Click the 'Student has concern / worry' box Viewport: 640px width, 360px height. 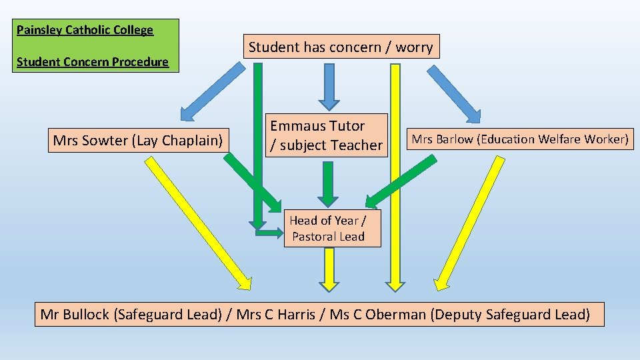[341, 47]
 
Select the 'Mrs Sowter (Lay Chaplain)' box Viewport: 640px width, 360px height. [138, 140]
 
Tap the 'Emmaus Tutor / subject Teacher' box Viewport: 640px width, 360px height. [327, 135]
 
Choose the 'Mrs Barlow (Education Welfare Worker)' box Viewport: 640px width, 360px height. [520, 139]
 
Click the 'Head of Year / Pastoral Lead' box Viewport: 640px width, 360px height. [332, 228]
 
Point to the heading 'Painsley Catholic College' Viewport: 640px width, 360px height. [85, 30]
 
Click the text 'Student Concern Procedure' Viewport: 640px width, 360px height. [93, 62]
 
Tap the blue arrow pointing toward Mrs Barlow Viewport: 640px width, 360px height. [453, 93]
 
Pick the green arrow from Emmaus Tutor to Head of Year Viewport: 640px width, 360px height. [327, 183]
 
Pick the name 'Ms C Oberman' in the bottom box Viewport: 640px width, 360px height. [377, 314]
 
